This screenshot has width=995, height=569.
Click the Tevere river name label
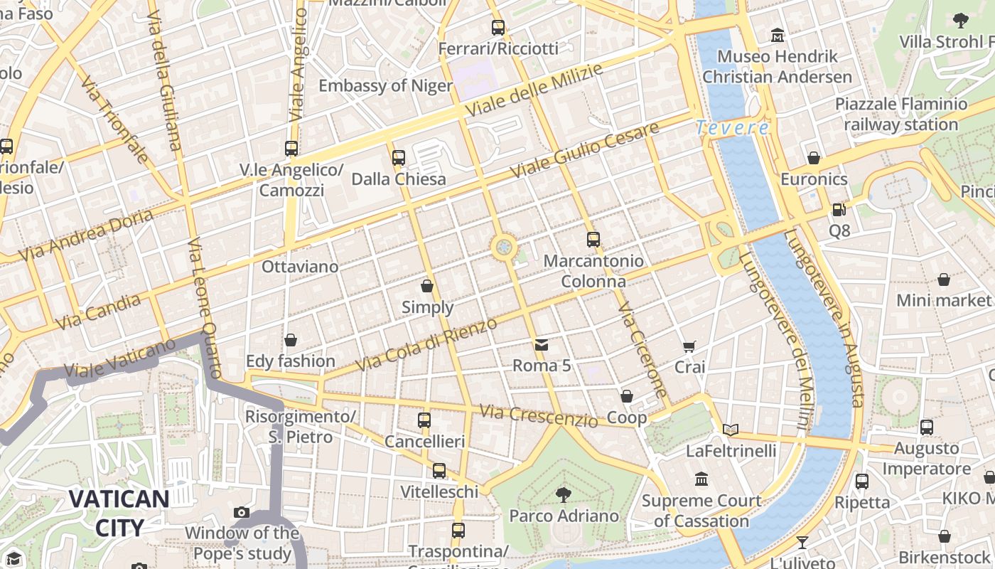coord(731,128)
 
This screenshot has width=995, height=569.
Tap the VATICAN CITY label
coord(119,512)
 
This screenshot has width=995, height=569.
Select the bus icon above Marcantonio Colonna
coord(593,240)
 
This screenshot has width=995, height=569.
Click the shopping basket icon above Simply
coord(427,286)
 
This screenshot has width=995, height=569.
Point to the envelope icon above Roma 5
coord(542,345)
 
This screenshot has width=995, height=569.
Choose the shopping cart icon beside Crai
coord(689,346)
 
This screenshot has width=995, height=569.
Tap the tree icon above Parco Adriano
coord(564,494)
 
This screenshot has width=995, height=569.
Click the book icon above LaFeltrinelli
coord(730,430)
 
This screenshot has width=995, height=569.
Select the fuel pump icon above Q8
coord(839,210)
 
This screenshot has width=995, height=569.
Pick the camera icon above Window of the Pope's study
coord(242,512)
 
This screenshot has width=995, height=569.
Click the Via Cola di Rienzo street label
coord(426,345)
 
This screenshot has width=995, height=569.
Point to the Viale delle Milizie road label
coord(534,91)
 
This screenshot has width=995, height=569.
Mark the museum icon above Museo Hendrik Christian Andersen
coord(777,35)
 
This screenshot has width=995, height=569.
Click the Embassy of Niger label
coord(385,86)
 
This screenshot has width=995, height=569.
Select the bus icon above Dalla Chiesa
coord(399,158)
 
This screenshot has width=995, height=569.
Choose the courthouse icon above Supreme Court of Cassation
coord(701,479)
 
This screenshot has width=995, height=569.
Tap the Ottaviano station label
coord(300,267)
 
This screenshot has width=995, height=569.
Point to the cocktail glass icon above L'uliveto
coord(802,543)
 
